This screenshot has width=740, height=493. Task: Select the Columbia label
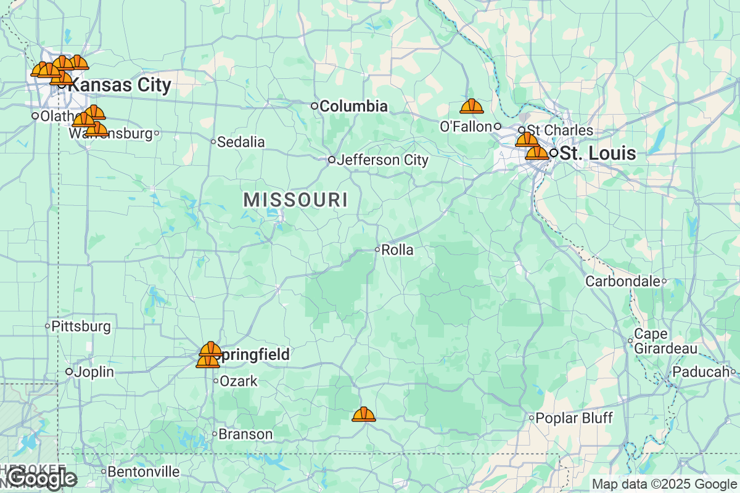click(x=353, y=106)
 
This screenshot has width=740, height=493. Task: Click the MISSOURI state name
click(x=295, y=200)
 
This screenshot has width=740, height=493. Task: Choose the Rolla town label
click(x=397, y=250)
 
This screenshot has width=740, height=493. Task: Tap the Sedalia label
click(x=241, y=142)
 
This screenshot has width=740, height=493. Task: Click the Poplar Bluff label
click(x=573, y=418)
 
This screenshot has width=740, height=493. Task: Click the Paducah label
click(x=701, y=372)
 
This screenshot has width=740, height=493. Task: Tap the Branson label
click(x=245, y=434)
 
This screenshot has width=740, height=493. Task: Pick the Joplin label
click(x=94, y=372)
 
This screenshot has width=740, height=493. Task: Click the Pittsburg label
click(x=81, y=326)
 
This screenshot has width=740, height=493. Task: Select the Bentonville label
click(x=143, y=472)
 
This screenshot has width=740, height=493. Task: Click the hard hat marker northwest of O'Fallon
click(x=472, y=107)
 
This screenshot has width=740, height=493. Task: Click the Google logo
click(x=41, y=478)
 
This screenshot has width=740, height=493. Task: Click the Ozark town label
click(x=239, y=381)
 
